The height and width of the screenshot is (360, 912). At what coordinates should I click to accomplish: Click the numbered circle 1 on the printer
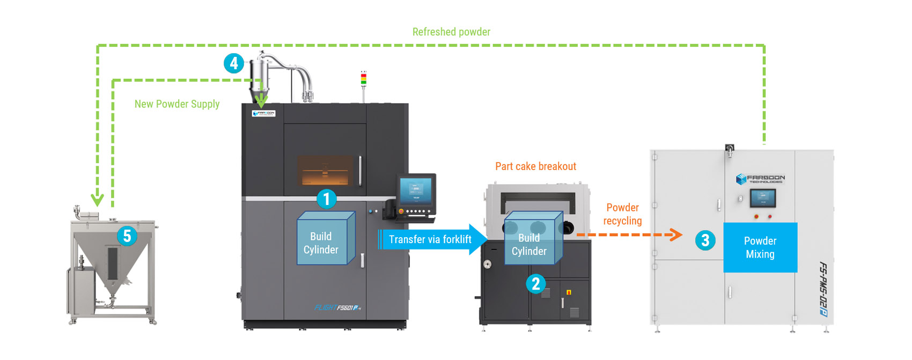[x=326, y=199]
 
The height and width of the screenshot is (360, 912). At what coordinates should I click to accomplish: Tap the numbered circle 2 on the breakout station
[x=535, y=284]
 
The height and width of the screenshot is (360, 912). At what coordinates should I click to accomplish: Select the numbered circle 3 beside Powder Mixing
[x=705, y=240]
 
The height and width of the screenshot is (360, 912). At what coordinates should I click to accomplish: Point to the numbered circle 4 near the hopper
[x=234, y=64]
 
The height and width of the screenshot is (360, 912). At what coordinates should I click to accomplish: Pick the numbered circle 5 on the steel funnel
[x=127, y=236]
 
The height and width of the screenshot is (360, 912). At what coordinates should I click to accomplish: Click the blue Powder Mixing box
[x=760, y=247]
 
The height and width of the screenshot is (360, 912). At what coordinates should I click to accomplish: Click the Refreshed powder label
[x=451, y=32]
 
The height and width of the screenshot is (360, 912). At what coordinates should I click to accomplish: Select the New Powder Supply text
[x=177, y=104]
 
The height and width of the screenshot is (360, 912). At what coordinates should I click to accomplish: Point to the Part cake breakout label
[x=535, y=166]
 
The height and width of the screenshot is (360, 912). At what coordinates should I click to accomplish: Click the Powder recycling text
[x=622, y=214]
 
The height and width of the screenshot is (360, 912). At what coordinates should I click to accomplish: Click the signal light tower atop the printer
[x=364, y=79]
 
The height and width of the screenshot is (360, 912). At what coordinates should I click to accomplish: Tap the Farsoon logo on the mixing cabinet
[x=761, y=179]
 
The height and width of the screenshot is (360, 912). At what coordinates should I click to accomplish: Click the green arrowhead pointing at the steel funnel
[x=97, y=200]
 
